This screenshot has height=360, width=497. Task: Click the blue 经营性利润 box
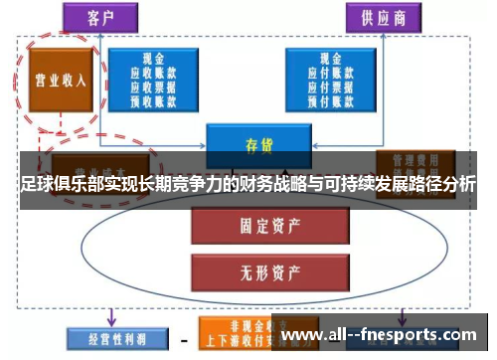pyautogui.click(x=108, y=338)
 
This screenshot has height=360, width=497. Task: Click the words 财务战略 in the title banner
pyautogui.click(x=267, y=184)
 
